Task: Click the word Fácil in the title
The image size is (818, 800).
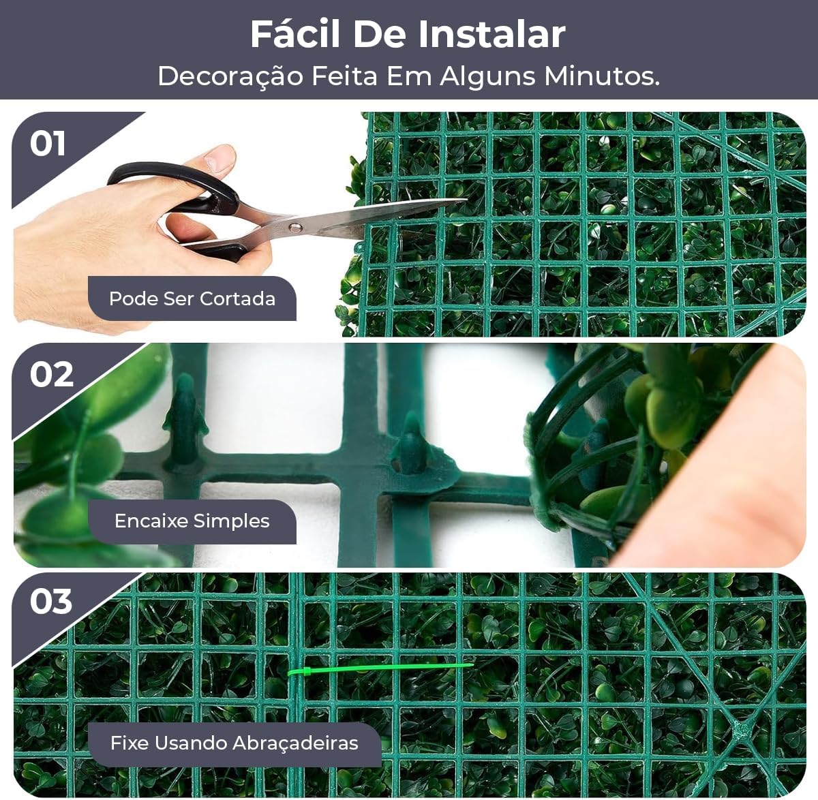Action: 295,34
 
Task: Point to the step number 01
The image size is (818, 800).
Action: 48,144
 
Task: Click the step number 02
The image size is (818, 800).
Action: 51,374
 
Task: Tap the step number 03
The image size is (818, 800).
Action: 51,602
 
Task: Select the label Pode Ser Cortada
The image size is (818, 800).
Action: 192,298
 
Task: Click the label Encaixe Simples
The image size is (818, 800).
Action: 192,521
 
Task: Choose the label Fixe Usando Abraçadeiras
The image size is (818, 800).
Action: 234,742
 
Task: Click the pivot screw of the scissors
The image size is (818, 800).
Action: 294,226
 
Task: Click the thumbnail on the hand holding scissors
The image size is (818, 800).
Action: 219,158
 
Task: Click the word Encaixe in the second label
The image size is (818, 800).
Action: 151,521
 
